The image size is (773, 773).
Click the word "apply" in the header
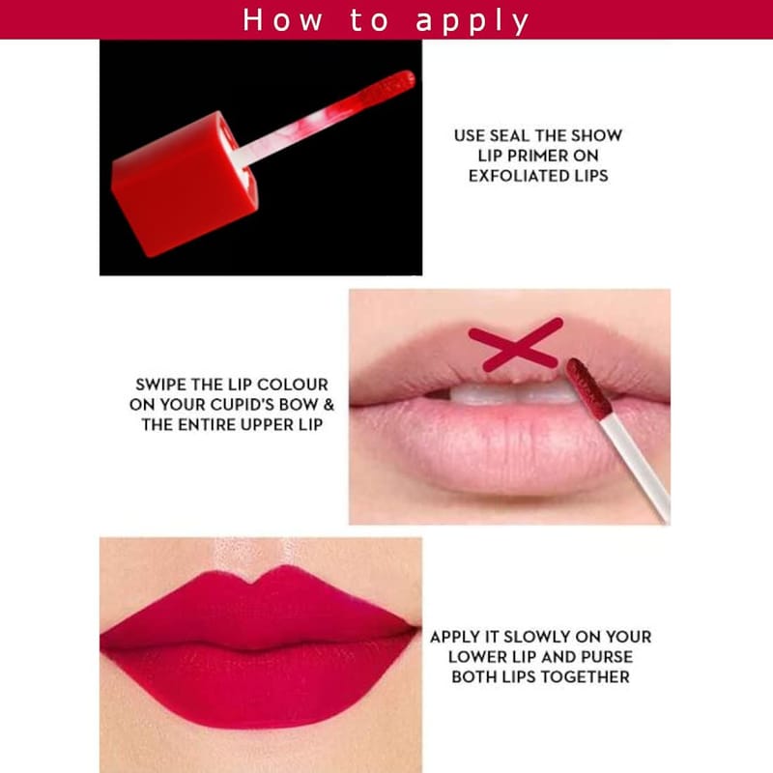pyautogui.click(x=472, y=21)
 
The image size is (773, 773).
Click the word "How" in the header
pyautogui.click(x=282, y=20)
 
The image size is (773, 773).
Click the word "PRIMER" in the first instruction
pyautogui.click(x=537, y=156)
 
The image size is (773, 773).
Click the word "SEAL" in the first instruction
pyautogui.click(x=508, y=135)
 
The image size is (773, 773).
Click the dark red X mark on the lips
pyautogui.click(x=516, y=345)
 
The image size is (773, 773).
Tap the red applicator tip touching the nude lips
pyautogui.click(x=588, y=389)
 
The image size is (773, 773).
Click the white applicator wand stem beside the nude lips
pyautogui.click(x=636, y=468)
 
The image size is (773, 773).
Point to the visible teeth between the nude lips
pyautogui.click(x=513, y=393)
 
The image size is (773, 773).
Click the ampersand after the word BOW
pyautogui.click(x=329, y=405)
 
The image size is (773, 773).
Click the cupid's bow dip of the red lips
pyautogui.click(x=252, y=583)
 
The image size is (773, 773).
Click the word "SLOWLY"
pyautogui.click(x=536, y=637)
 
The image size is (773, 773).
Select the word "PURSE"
pyautogui.click(x=607, y=657)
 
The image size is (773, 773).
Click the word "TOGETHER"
pyautogui.click(x=589, y=677)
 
